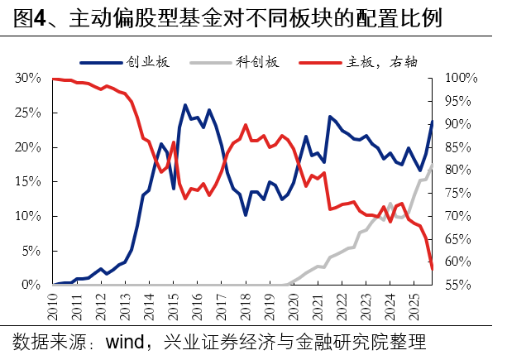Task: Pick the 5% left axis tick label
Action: point(31,250)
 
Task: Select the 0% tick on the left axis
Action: point(31,285)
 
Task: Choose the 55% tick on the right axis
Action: point(457,285)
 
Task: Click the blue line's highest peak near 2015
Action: point(185,105)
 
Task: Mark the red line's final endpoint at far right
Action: point(432,268)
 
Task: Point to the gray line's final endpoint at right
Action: point(432,164)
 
